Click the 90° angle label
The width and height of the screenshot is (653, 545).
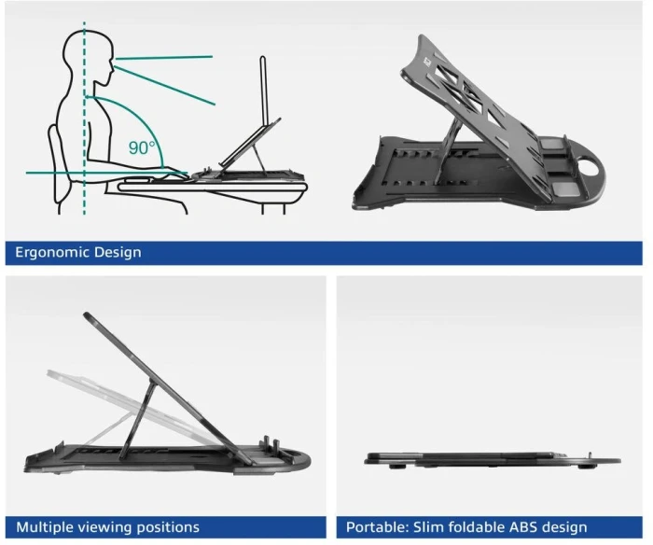click(141, 148)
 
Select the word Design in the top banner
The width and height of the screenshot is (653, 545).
click(118, 253)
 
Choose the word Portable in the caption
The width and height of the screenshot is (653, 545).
click(377, 527)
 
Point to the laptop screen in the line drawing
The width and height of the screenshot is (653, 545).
click(263, 91)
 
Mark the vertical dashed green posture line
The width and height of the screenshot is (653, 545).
click(84, 118)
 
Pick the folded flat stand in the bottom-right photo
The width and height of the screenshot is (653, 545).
click(493, 460)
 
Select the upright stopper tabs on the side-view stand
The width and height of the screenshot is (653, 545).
click(270, 445)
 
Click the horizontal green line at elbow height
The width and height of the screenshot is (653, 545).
click(106, 173)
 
